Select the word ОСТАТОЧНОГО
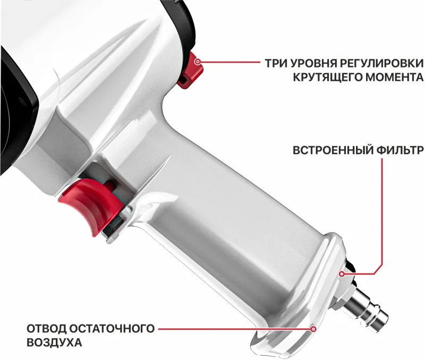coord(116,328)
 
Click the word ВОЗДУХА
coord(55,343)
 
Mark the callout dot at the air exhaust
coord(313,329)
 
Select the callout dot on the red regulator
coord(198,63)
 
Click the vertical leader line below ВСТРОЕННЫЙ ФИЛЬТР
coord(382,212)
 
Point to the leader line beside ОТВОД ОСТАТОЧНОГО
coord(234,329)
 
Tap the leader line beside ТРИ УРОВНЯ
coord(231,63)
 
